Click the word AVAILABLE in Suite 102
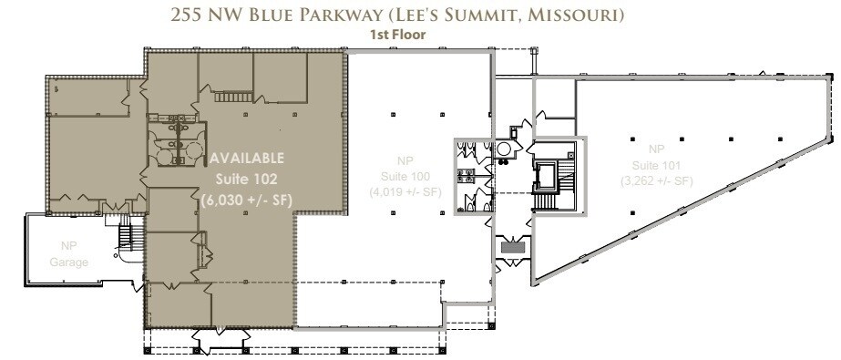click(x=248, y=158)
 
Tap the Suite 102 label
click(x=248, y=178)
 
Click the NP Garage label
click(x=70, y=254)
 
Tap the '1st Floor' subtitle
click(x=417, y=35)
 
